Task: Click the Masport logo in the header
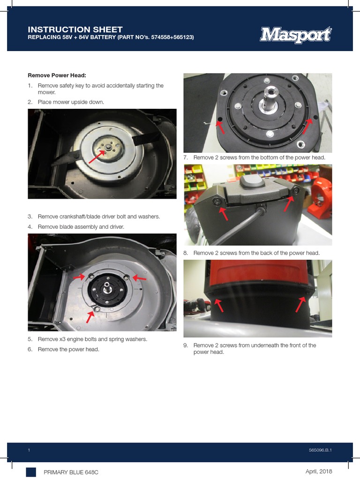[x=296, y=35]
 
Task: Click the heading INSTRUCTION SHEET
[x=75, y=30]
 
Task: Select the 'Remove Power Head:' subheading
[x=57, y=75]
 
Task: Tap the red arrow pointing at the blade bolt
[x=96, y=155]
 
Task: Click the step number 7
[x=186, y=158]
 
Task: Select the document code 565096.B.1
[x=321, y=450]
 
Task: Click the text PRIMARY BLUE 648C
[x=74, y=472]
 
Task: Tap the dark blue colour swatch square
[x=31, y=472]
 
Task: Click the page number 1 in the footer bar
[x=29, y=450]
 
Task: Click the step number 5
[x=30, y=339]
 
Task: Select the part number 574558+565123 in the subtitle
[x=167, y=37]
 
